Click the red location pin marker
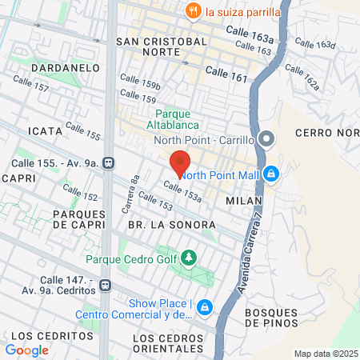pyautogui.click(x=179, y=164)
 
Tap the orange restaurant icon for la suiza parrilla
pyautogui.click(x=192, y=11)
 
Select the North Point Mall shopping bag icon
pyautogui.click(x=271, y=173)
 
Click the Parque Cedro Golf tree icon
pyautogui.click(x=189, y=258)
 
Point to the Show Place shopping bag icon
pyautogui.click(x=206, y=306)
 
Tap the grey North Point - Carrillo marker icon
pyautogui.click(x=266, y=141)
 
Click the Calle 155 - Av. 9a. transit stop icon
pyautogui.click(x=109, y=163)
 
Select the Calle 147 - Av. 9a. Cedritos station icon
pyautogui.click(x=105, y=284)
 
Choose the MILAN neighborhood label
pyautogui.click(x=244, y=201)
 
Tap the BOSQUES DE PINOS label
pyautogui.click(x=271, y=317)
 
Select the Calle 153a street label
pyautogui.click(x=182, y=190)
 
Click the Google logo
pyautogui.click(x=27, y=350)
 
